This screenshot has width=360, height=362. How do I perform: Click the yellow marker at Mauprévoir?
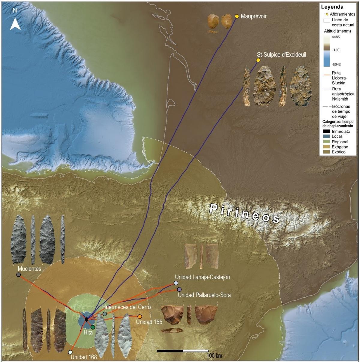click(x=237, y=16)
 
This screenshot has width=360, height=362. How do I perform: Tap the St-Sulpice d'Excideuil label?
click(x=281, y=55)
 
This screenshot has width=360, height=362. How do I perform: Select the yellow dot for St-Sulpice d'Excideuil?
click(x=258, y=60)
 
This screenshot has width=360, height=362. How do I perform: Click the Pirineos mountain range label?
click(x=244, y=213)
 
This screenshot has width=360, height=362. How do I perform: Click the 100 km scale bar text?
click(x=214, y=356)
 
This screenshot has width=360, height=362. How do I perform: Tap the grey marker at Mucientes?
click(x=19, y=275)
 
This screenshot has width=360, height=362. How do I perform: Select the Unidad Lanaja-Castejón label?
click(x=202, y=277)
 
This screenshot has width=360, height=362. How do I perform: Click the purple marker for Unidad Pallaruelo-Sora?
click(x=179, y=289)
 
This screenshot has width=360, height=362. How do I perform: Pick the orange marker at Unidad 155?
click(x=139, y=317)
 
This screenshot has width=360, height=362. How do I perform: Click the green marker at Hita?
click(x=93, y=327)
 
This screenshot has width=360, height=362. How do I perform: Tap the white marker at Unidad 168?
click(x=70, y=352)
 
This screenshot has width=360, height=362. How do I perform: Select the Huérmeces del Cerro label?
click(x=126, y=307)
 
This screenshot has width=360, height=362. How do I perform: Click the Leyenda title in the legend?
click(x=332, y=7)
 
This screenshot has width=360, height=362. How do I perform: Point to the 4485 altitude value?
click(x=336, y=37)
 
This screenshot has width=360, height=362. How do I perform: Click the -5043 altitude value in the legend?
click(x=336, y=64)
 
